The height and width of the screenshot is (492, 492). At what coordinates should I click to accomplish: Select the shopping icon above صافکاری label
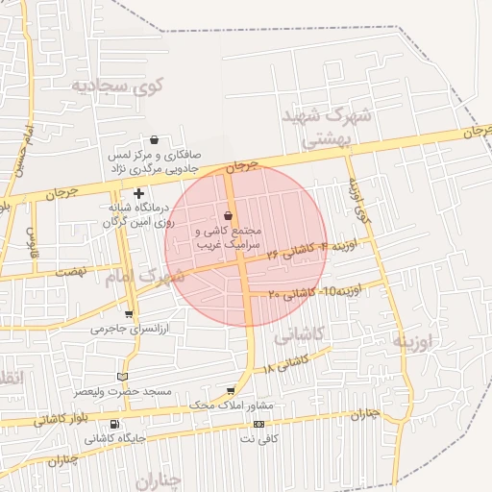pyautogui.click(x=154, y=140)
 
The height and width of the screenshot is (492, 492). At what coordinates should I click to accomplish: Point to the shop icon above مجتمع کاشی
pyautogui.click(x=228, y=215)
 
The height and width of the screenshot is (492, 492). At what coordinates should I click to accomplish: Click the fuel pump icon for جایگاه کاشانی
pyautogui.click(x=115, y=425)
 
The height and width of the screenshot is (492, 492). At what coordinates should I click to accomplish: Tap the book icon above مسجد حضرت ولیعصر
pyautogui.click(x=120, y=376)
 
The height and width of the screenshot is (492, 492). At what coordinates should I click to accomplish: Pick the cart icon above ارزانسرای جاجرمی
pyautogui.click(x=129, y=314)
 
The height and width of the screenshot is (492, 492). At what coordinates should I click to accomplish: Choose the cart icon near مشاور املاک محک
pyautogui.click(x=231, y=390)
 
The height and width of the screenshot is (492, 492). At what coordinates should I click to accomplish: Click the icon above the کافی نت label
pyautogui.click(x=258, y=425)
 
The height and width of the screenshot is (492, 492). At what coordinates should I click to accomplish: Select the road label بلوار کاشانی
pyautogui.click(x=62, y=418)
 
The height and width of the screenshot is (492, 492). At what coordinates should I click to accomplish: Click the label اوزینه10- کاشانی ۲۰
pyautogui.click(x=314, y=291)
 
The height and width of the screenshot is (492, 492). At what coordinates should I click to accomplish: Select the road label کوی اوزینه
pyautogui.click(x=357, y=196)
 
